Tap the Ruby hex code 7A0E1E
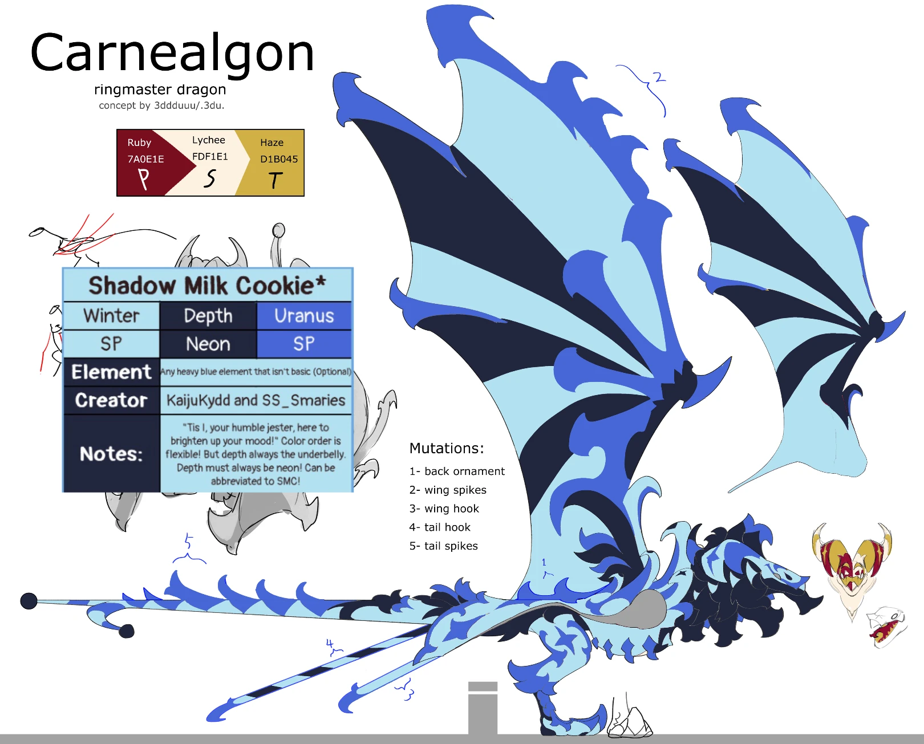(145, 159)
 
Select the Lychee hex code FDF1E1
(210, 157)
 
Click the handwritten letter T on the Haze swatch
(275, 180)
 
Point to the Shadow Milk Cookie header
(208, 286)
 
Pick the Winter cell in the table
(111, 316)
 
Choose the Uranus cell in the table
(304, 316)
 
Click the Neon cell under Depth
(208, 344)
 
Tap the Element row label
(111, 372)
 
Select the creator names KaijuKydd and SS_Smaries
(256, 401)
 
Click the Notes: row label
(111, 454)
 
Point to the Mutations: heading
(447, 448)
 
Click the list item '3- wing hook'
(444, 509)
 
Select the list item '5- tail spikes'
(444, 546)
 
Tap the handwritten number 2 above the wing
(659, 78)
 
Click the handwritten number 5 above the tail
(188, 542)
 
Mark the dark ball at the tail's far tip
(29, 600)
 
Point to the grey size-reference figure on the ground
(483, 709)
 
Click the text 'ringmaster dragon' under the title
(160, 90)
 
